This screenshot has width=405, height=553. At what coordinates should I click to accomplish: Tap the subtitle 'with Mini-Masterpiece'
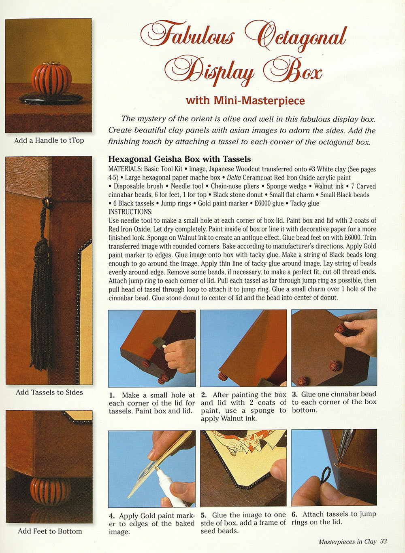pyautogui.click(x=245, y=100)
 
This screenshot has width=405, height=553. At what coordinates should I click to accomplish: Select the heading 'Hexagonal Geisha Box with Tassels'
pyautogui.click(x=179, y=159)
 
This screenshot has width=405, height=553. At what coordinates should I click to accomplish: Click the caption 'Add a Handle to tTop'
pyautogui.click(x=49, y=141)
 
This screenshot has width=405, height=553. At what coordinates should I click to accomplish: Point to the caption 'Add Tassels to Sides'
pyautogui.click(x=49, y=392)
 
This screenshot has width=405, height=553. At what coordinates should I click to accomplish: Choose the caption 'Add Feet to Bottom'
pyautogui.click(x=49, y=531)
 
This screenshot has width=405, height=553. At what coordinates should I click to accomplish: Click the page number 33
pyautogui.click(x=384, y=541)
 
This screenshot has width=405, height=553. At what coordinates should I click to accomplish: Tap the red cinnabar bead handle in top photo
pyautogui.click(x=51, y=78)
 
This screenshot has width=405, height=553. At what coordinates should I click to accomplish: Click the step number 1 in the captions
pyautogui.click(x=112, y=395)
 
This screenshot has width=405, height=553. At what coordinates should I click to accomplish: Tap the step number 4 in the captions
pyautogui.click(x=112, y=516)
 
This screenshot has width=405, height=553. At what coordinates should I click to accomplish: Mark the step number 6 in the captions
pyautogui.click(x=294, y=514)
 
